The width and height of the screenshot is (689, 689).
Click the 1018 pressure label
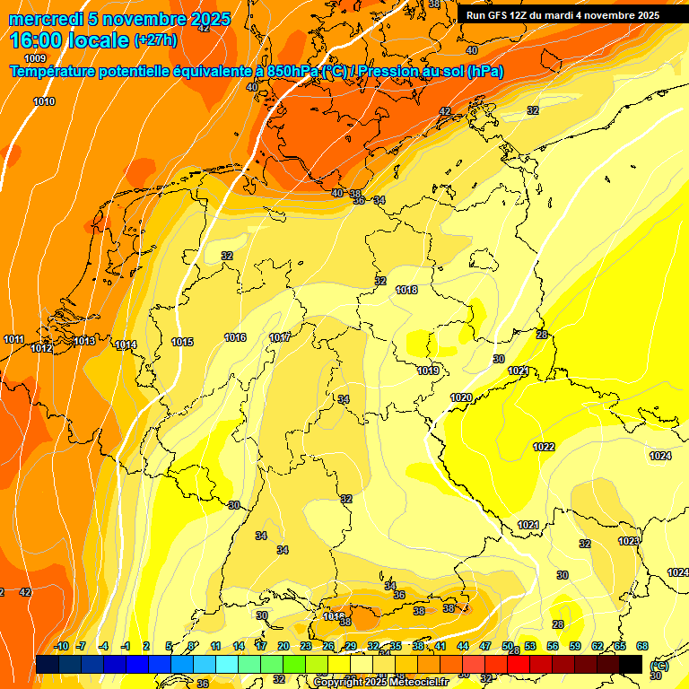406,290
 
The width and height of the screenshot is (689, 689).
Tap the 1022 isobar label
544,447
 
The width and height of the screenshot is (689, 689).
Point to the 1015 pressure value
182,342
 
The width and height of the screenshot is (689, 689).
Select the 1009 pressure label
35,58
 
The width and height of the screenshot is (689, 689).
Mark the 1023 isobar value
629,541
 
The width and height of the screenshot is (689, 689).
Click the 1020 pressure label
461,397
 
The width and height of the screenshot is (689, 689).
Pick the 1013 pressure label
84,341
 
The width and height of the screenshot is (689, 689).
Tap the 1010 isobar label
44,101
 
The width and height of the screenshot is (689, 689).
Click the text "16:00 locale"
69,40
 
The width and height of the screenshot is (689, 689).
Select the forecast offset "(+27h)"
155,40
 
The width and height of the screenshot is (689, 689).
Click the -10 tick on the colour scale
61,646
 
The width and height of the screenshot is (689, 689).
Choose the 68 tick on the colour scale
642,646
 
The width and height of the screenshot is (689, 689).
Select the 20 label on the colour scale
283,646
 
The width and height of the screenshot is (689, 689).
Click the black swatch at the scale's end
631,664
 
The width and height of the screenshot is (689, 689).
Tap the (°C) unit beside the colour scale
658,666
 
